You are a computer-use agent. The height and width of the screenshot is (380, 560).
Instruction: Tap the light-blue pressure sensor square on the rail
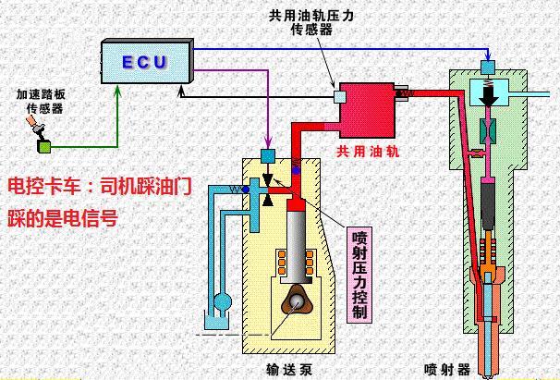pos(339,96)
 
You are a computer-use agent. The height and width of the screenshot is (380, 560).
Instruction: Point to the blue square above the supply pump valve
pos(269,155)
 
